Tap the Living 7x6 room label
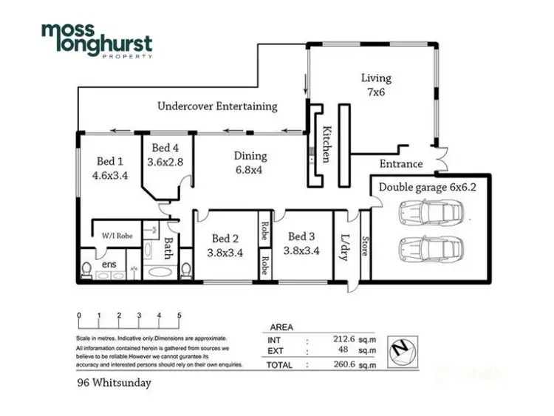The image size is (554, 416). click(376, 85)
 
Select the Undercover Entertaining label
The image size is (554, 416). click(217, 106)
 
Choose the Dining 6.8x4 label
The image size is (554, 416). click(250, 163)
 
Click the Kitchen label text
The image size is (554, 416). click(326, 144)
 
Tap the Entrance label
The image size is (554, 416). click(400, 164)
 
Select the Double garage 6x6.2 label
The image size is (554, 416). click(428, 187)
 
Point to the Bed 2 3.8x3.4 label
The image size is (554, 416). click(225, 245)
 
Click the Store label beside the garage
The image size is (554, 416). click(365, 246)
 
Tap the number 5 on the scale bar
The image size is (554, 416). click(179, 316)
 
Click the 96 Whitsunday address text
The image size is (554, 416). click(114, 383)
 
